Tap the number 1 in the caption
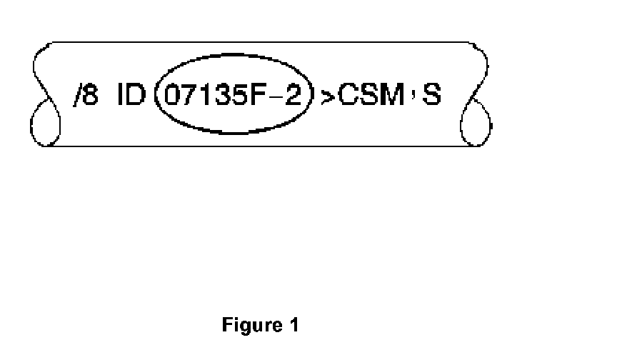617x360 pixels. (293, 326)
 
